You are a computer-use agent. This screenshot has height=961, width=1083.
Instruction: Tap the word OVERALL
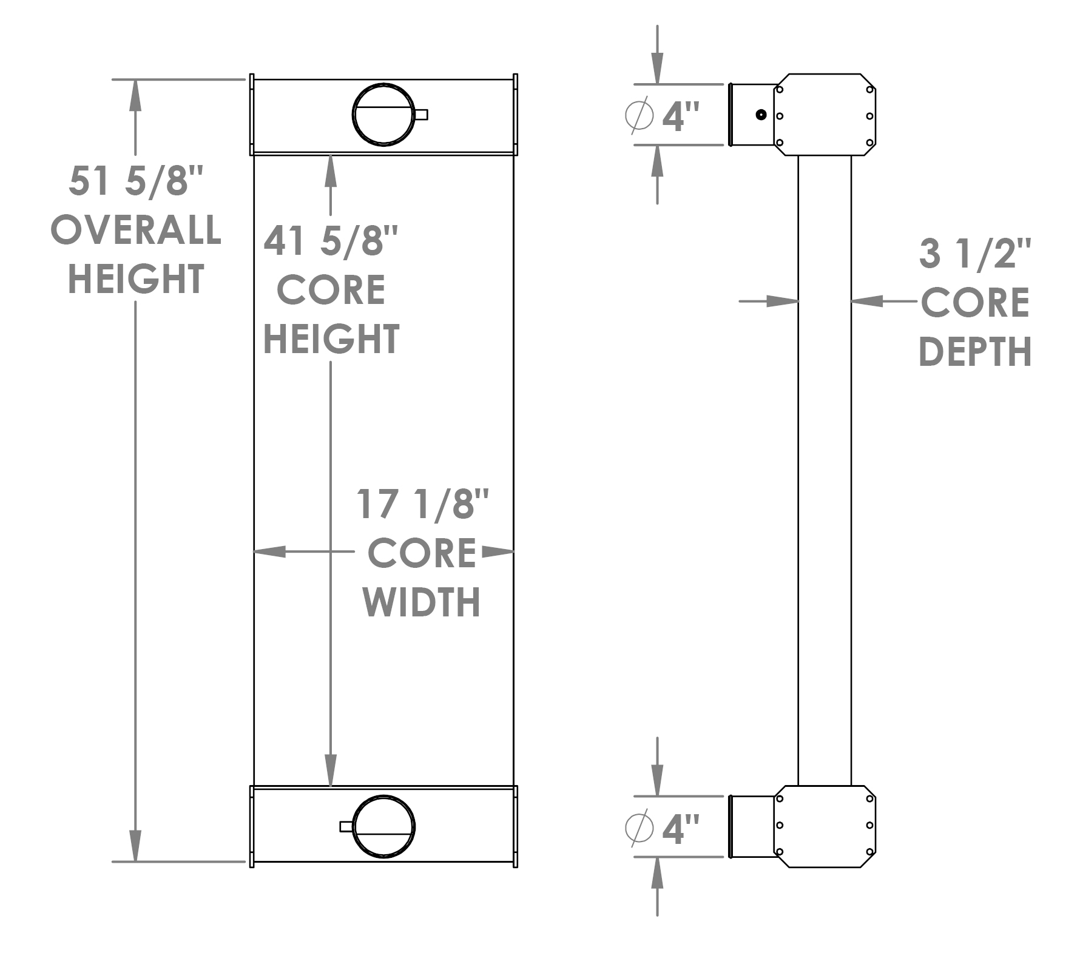tap(136, 230)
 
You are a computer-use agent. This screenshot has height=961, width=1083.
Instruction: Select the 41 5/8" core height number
tap(331, 241)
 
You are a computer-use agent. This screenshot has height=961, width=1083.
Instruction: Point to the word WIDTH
tap(422, 602)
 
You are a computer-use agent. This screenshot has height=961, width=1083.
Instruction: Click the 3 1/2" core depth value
tap(975, 254)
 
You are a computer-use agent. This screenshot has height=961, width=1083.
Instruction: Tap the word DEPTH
tap(975, 352)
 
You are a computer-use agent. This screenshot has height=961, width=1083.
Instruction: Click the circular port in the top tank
tap(383, 115)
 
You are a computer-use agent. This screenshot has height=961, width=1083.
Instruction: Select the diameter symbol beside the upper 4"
tap(639, 115)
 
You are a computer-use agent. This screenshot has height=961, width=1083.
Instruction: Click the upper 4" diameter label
tap(681, 116)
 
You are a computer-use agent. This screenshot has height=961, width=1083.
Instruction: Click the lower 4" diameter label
tap(681, 829)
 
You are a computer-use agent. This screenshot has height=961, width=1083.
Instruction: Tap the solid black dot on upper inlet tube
tap(760, 115)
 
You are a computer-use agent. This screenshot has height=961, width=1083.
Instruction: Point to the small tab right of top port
tap(422, 114)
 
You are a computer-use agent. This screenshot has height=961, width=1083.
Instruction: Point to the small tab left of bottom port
tap(346, 826)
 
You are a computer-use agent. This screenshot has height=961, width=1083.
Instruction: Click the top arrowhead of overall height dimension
tap(135, 91)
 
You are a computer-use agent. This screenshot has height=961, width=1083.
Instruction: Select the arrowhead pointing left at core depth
tap(868, 300)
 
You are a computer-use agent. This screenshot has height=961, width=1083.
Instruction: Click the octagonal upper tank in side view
tap(825, 115)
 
